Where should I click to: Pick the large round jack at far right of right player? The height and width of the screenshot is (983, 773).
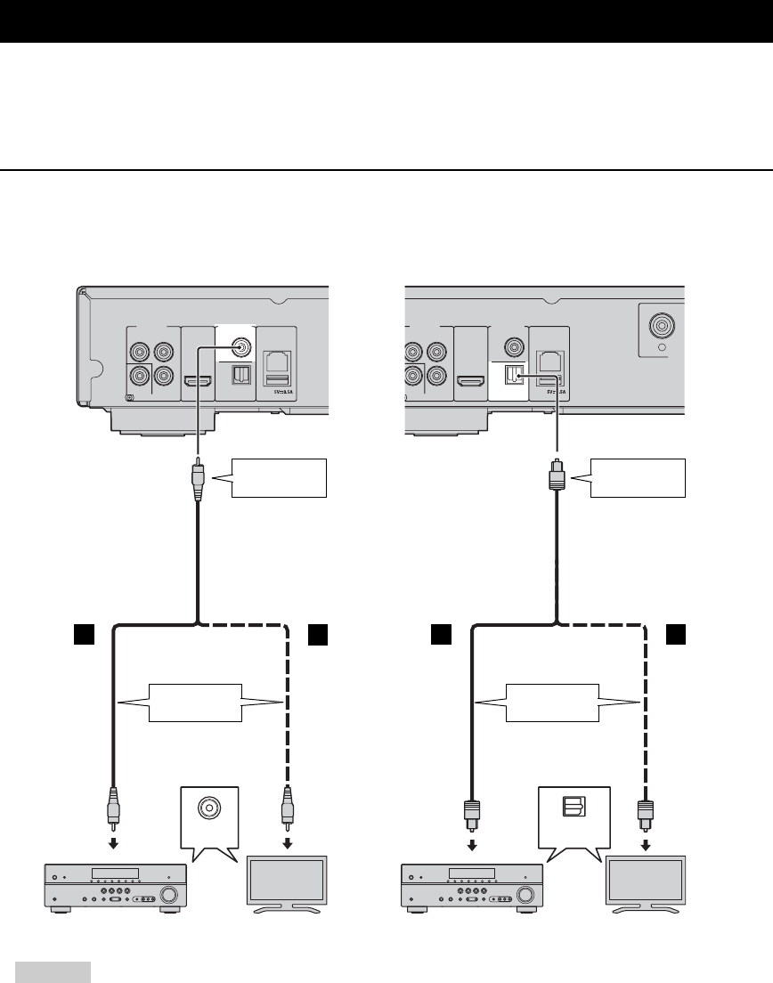pyautogui.click(x=663, y=327)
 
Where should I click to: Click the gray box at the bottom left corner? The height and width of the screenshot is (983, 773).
pyautogui.click(x=53, y=971)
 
